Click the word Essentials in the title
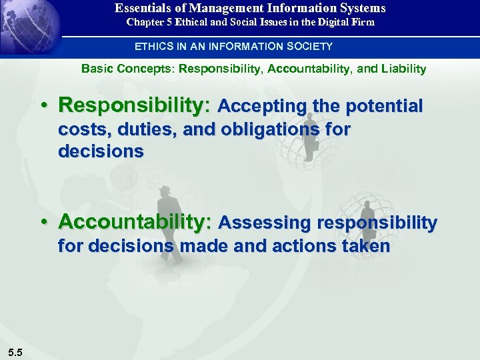140,8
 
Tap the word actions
303,246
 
